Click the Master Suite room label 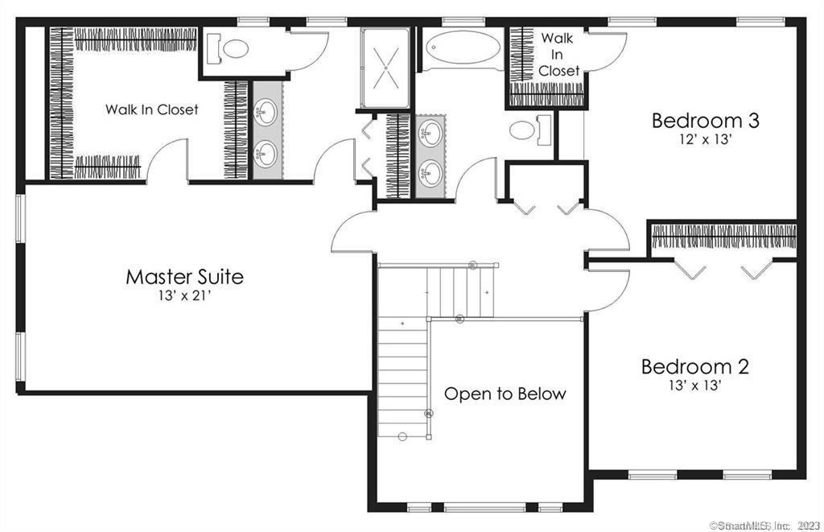click(184, 277)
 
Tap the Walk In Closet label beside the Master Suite click(151, 109)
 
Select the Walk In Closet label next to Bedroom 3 click(558, 54)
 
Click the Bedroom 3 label click(705, 121)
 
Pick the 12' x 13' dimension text click(705, 138)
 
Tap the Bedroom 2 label click(694, 367)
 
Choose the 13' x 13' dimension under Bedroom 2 click(694, 385)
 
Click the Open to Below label click(505, 394)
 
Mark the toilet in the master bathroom click(229, 49)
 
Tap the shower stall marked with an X click(385, 67)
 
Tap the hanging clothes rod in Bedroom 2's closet click(723, 237)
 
